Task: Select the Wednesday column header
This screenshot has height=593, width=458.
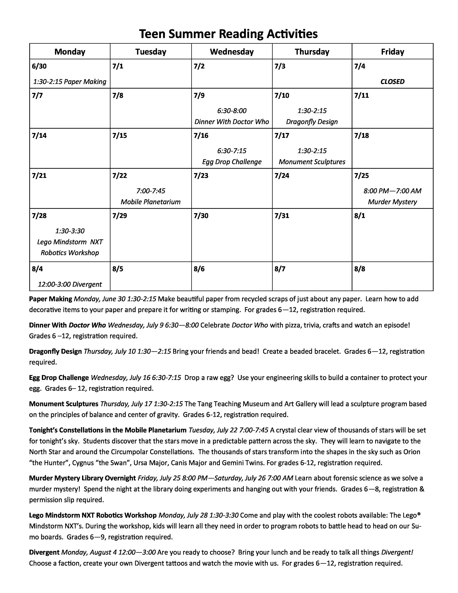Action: click(232, 52)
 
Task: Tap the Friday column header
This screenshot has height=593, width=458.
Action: click(392, 52)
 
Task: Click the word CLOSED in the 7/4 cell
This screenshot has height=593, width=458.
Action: click(392, 81)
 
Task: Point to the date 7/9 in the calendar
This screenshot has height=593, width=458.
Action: click(199, 96)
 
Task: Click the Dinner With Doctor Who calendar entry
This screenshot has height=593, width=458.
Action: click(232, 122)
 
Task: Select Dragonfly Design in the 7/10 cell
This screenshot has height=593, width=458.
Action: click(312, 122)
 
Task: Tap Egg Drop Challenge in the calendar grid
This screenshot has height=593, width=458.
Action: click(232, 162)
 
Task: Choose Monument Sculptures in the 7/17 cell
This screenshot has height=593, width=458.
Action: click(312, 162)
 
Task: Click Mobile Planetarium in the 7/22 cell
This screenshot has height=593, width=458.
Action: click(151, 202)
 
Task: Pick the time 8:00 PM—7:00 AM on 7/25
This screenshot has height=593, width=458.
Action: click(392, 191)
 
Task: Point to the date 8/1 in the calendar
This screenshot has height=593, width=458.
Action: click(360, 216)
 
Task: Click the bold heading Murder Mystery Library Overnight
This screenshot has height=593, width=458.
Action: click(82, 486)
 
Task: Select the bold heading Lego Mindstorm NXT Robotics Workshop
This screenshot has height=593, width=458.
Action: click(93, 523)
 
